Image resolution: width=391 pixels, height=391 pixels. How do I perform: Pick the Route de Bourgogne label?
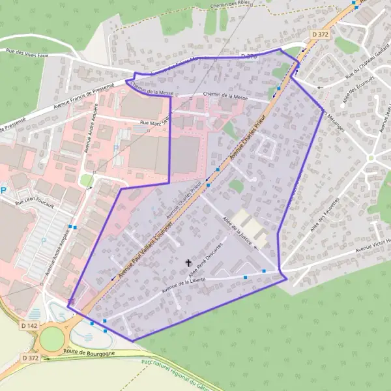pyautogui.click(x=89, y=353)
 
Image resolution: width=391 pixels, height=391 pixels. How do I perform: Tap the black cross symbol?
pyautogui.click(x=189, y=263)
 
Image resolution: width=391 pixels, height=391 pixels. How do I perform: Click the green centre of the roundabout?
pyautogui.click(x=51, y=338)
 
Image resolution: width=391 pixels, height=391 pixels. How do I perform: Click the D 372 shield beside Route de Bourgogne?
pyautogui.click(x=31, y=358)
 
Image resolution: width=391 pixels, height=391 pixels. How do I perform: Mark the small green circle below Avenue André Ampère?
pyautogui.click(x=86, y=180)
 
